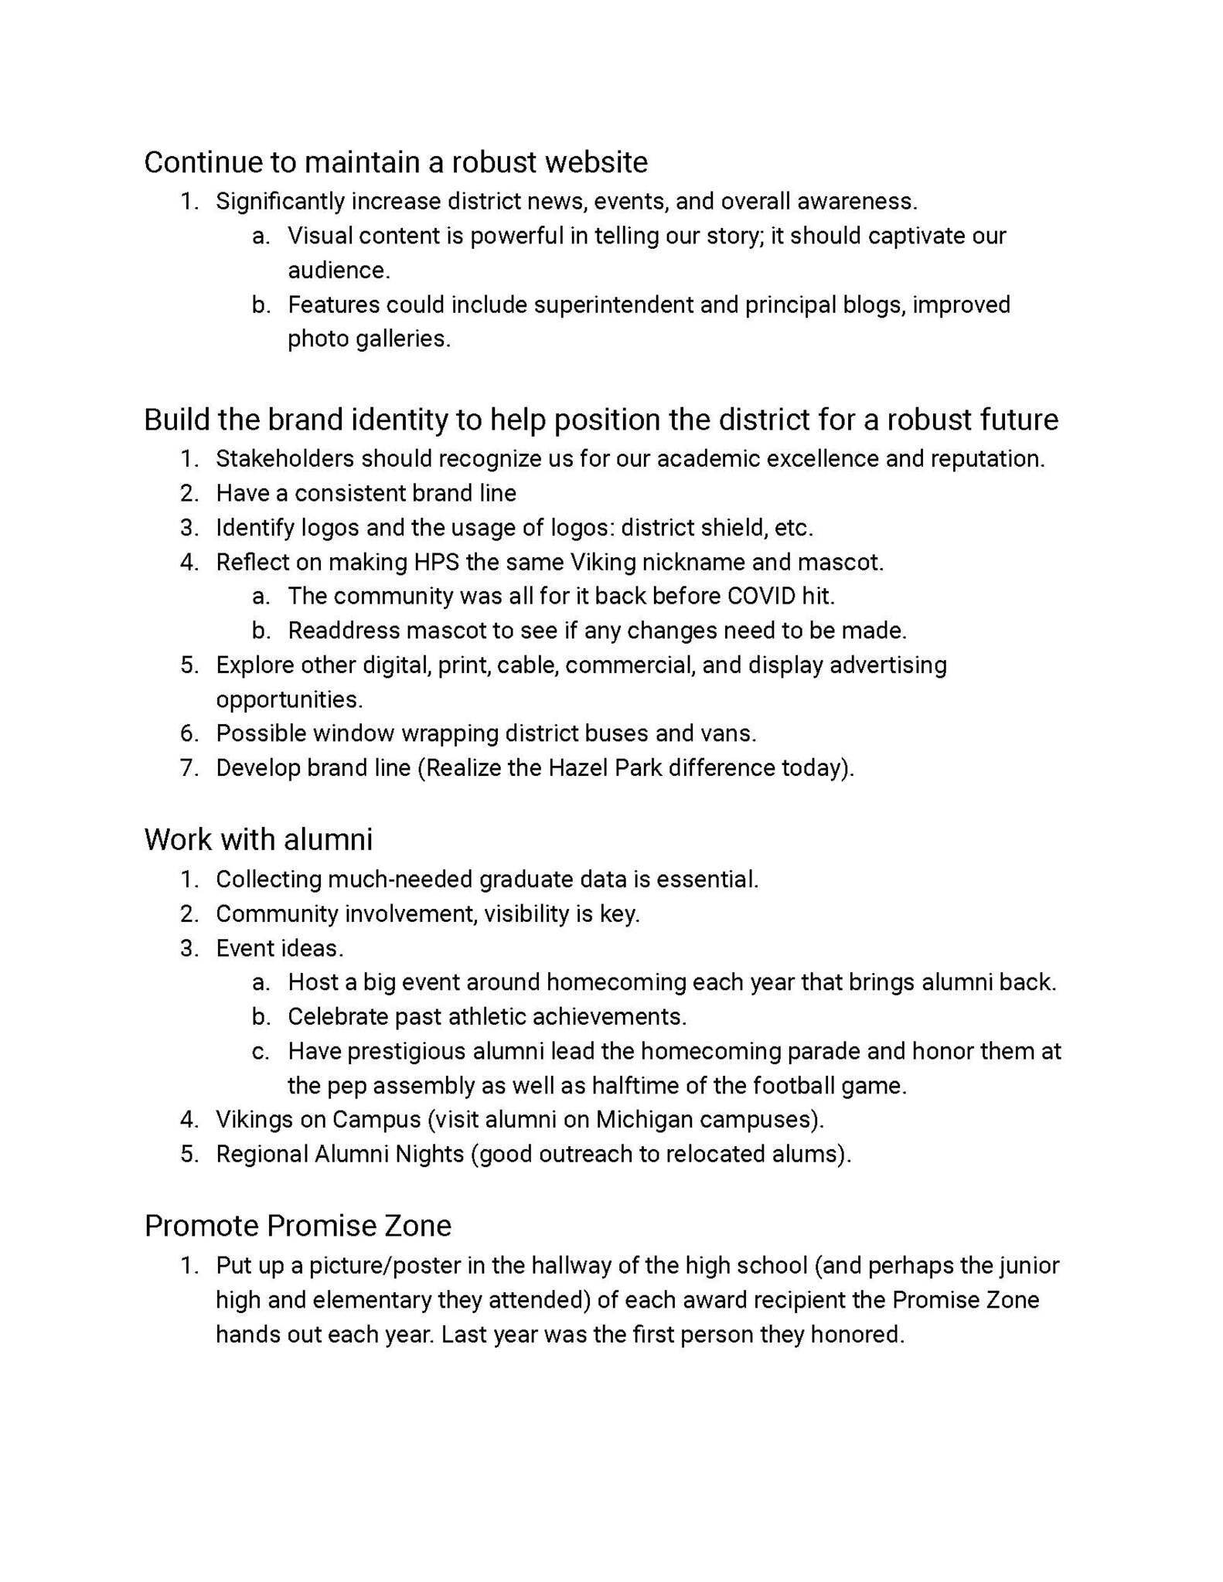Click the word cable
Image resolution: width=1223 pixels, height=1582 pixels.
click(530, 665)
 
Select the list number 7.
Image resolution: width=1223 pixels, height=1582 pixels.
click(189, 768)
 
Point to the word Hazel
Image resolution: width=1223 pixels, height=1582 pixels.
click(578, 768)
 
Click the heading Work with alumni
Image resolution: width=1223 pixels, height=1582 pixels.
click(258, 839)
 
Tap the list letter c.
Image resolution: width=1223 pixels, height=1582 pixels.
click(261, 1052)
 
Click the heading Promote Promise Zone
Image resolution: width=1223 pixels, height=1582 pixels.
click(298, 1226)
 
